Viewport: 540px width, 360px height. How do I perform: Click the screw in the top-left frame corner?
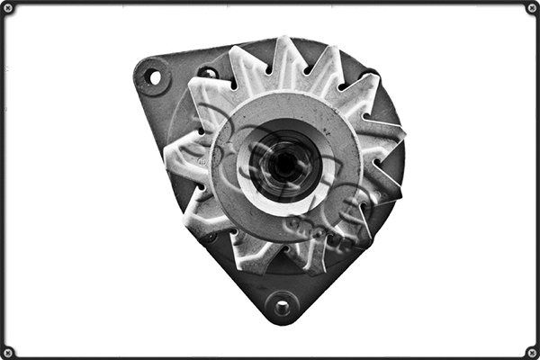(x=8, y=8)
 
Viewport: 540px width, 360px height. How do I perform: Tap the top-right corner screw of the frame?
(x=531, y=8)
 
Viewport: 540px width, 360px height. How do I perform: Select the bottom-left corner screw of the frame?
(x=8, y=352)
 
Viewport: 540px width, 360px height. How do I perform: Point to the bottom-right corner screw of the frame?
(x=531, y=352)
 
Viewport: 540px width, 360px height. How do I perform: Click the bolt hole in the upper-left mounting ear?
(x=153, y=77)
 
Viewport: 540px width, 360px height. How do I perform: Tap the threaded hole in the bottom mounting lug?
(x=282, y=307)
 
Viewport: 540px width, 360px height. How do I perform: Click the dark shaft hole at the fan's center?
(x=284, y=165)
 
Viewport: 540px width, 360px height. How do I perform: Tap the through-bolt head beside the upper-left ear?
(x=208, y=73)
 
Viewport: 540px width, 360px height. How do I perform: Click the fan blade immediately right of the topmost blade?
(x=325, y=63)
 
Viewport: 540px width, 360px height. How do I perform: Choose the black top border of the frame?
(x=270, y=3)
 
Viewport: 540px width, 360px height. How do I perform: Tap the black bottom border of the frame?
(x=270, y=357)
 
